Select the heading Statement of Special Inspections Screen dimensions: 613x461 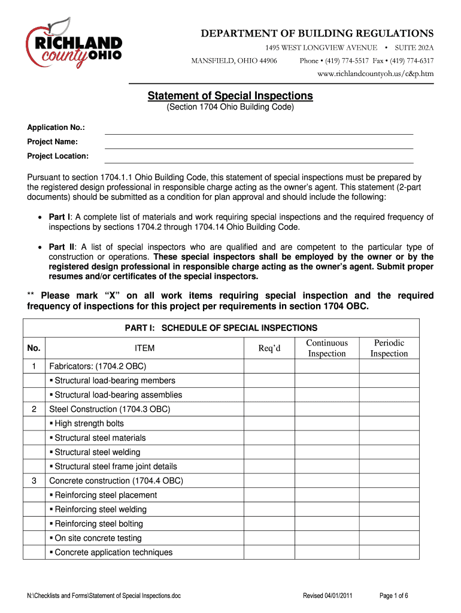point(230,96)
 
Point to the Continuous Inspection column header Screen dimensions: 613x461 point(326,348)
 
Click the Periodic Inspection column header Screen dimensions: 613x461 point(389,348)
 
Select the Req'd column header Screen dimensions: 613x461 point(269,348)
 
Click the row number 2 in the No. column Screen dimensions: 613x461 point(35,409)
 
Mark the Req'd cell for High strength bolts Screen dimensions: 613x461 point(269,423)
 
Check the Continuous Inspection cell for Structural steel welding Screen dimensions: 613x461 point(326,452)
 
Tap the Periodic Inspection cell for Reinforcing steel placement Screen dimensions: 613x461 point(389,495)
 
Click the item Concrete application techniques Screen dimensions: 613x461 point(113,553)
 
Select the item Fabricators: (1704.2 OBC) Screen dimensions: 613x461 point(98,366)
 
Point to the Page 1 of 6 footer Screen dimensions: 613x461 point(394,596)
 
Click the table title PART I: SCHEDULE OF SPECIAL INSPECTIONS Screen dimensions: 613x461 point(221,327)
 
